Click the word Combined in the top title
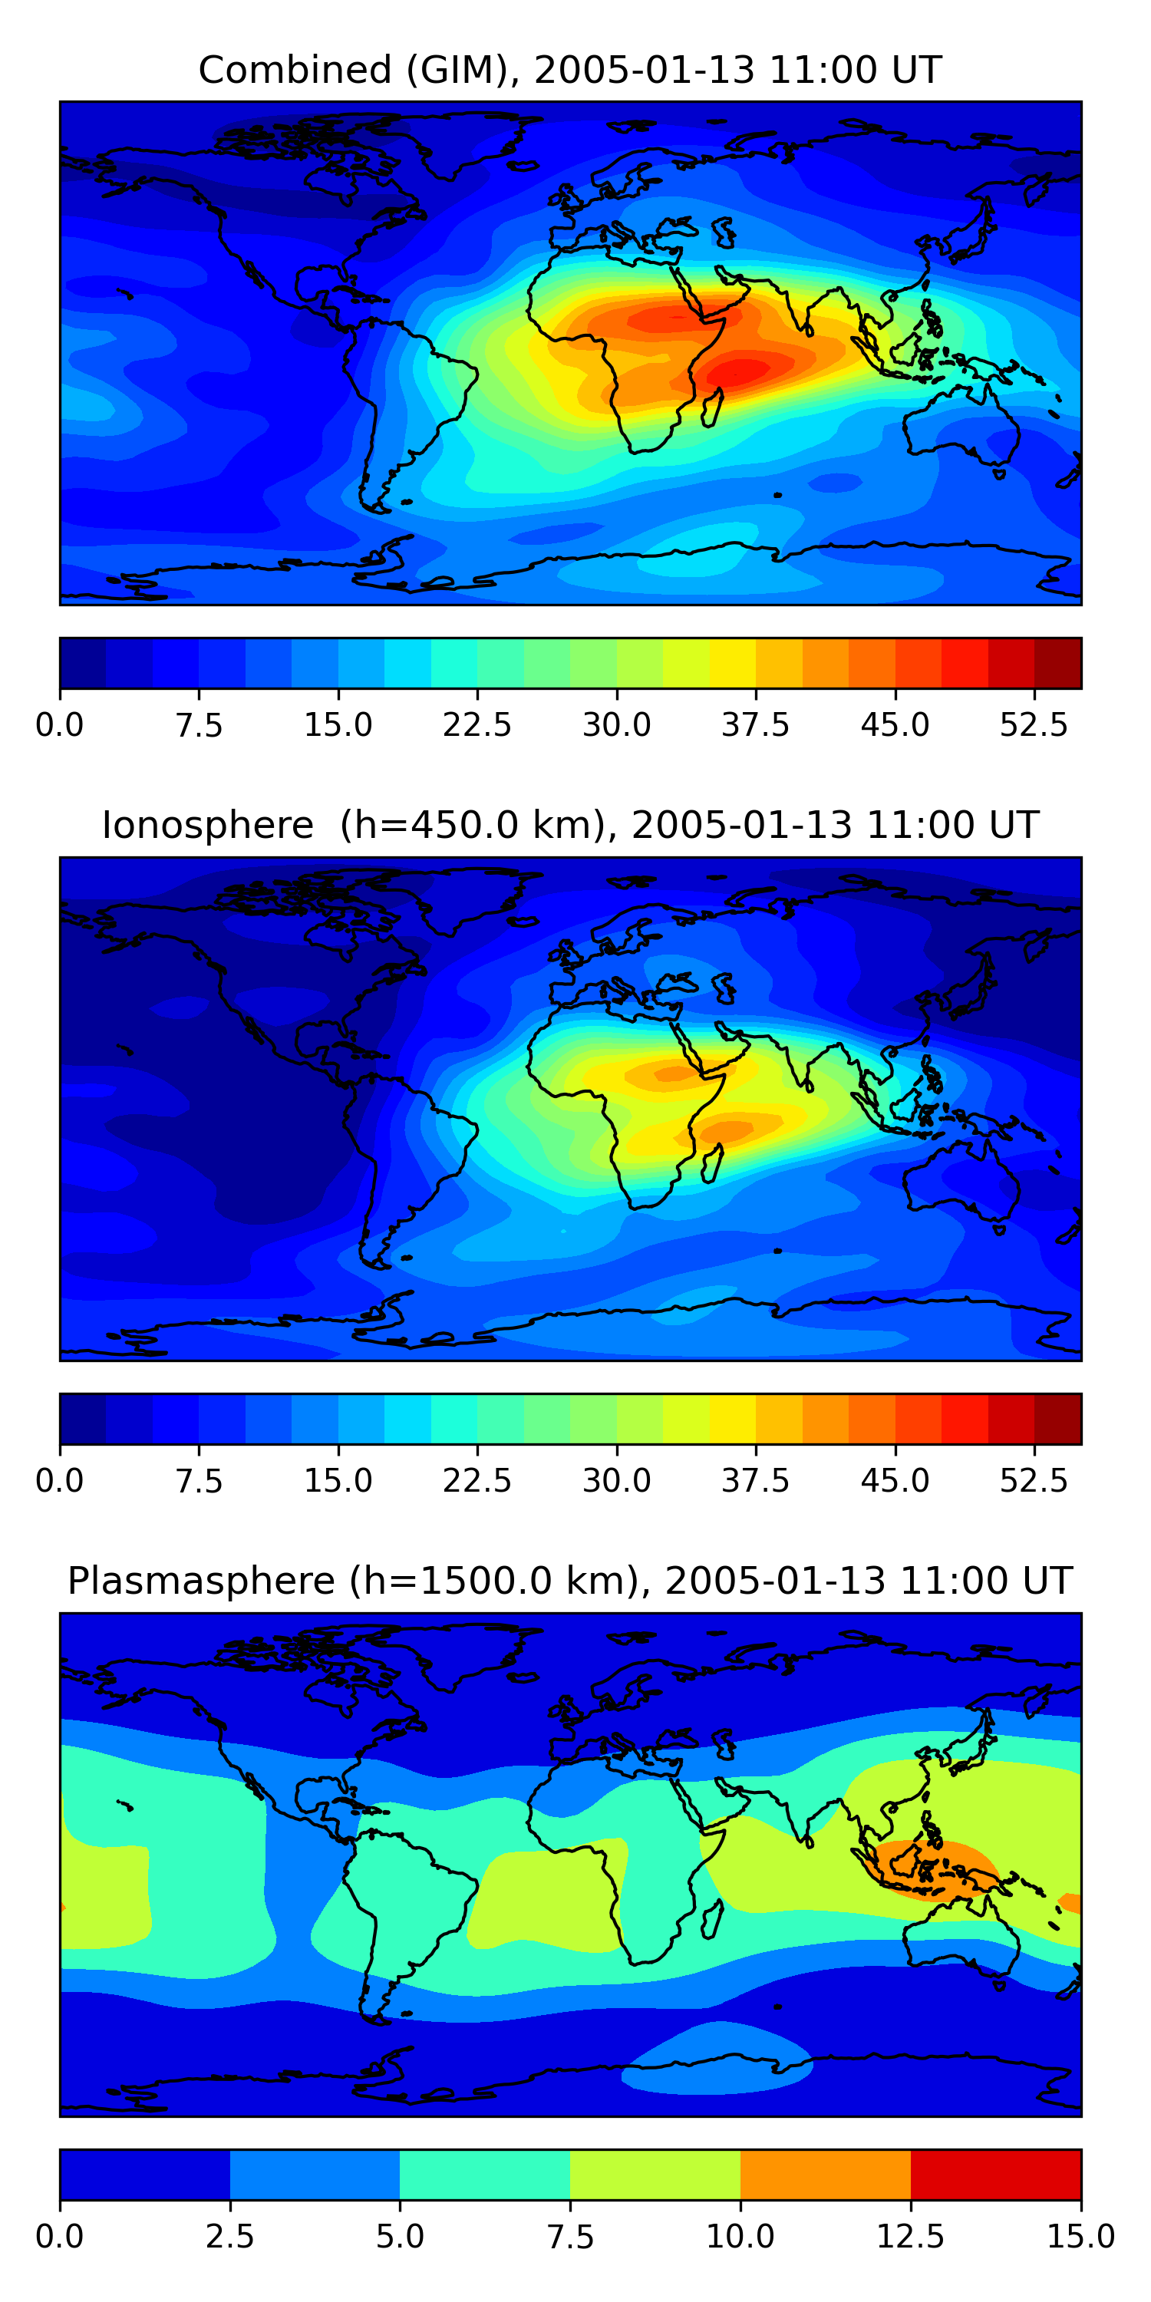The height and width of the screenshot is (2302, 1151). (295, 70)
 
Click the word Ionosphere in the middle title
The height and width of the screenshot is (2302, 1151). (207, 825)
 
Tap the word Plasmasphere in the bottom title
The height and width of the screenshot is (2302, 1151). (201, 1581)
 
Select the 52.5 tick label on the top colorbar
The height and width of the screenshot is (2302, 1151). (1034, 724)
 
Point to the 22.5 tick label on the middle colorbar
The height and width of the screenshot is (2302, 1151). (477, 1481)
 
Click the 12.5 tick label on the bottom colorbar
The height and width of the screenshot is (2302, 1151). (910, 2237)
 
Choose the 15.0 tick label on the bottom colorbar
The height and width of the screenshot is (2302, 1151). (1080, 2237)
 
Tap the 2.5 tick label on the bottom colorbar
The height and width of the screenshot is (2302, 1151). (229, 2237)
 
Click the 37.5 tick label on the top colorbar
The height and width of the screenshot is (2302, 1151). (755, 724)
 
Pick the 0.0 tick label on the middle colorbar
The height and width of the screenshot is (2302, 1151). (60, 1481)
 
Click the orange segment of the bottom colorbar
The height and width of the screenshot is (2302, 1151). (825, 2174)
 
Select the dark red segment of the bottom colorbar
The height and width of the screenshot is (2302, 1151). (995, 2174)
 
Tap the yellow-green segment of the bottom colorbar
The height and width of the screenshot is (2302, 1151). (655, 2174)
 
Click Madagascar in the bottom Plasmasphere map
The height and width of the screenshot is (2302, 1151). (713, 1918)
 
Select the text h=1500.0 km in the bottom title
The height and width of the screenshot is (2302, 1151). (495, 1581)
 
